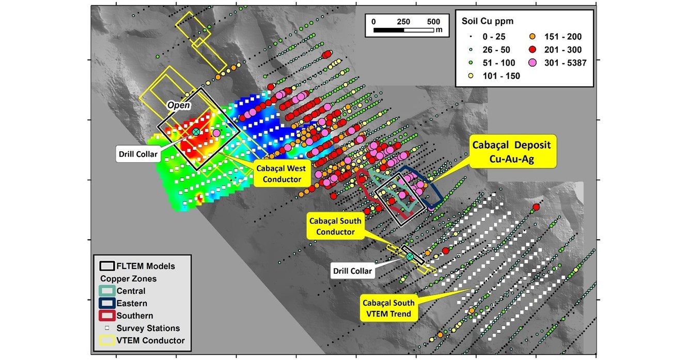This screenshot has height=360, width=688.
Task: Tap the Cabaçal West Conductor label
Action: [279, 174]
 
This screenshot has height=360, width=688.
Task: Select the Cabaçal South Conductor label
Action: [335, 226]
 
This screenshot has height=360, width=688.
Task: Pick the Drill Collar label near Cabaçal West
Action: [137, 153]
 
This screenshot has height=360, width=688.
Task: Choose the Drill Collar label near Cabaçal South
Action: [351, 271]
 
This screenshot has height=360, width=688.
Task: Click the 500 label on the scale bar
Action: [433, 22]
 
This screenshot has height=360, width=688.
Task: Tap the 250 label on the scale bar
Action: [403, 22]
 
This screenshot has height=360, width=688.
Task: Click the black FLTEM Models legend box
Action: [106, 267]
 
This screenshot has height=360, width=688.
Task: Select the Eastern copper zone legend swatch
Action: [106, 304]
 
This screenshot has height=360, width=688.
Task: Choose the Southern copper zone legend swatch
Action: [106, 316]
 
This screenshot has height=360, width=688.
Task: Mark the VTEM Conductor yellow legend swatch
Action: [106, 340]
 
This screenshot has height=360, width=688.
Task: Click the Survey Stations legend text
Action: [148, 328]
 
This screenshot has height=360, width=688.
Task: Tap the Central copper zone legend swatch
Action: [106, 291]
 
